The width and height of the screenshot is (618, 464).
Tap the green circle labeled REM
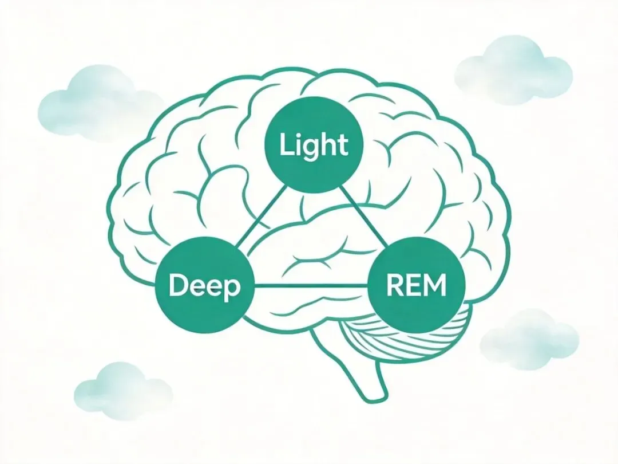coord(415,285)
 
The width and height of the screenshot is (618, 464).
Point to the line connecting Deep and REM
coord(309,285)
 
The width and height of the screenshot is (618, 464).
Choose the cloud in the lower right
coord(529,338)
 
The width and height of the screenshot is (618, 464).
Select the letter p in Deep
coord(232,288)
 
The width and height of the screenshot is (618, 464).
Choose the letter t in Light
coord(342,145)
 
